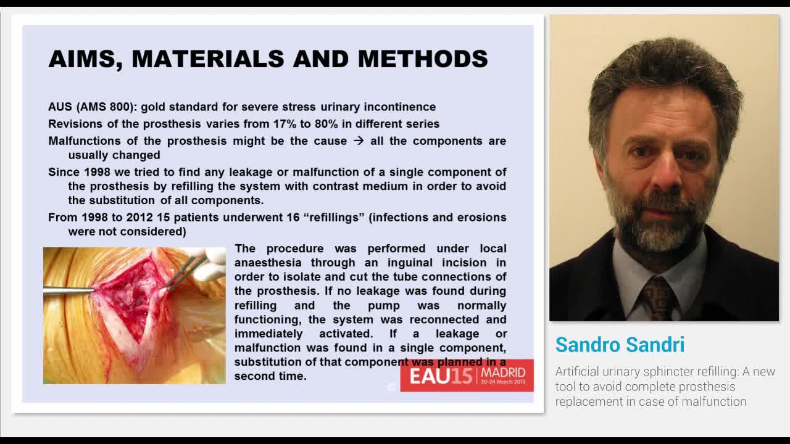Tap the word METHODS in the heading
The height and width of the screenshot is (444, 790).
coord(423,59)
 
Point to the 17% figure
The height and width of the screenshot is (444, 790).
coord(285,124)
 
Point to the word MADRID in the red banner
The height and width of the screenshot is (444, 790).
coord(503,372)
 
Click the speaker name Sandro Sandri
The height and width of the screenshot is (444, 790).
coord(620,345)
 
